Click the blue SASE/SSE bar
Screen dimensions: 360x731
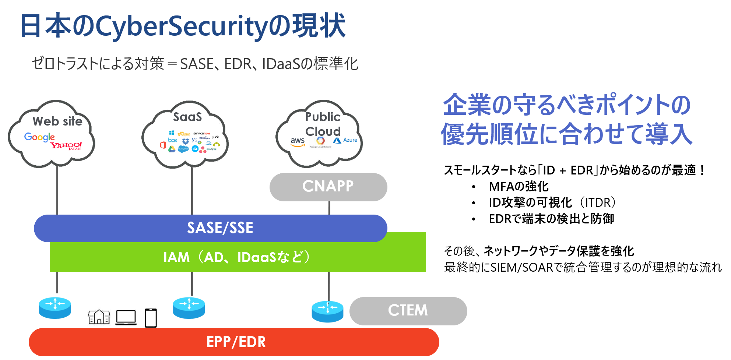pos(210,228)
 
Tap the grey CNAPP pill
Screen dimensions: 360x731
pos(328,187)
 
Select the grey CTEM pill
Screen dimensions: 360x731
pos(408,311)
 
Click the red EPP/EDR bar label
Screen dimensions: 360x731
pos(236,342)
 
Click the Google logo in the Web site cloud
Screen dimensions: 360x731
pos(39,137)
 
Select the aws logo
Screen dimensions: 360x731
pos(298,141)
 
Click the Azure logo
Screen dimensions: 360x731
pos(345,140)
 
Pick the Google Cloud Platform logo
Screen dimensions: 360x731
pos(320,142)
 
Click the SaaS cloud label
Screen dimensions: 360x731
pos(187,117)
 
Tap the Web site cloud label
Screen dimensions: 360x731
pos(57,121)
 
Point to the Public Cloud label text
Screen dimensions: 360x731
pos(323,124)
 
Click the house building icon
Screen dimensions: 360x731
pos(99,317)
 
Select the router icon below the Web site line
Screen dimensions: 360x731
pos(55,308)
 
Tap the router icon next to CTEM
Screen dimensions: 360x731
pos(327,311)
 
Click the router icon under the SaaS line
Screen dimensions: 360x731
pos(189,308)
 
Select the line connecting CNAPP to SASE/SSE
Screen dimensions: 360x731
pos(329,208)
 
